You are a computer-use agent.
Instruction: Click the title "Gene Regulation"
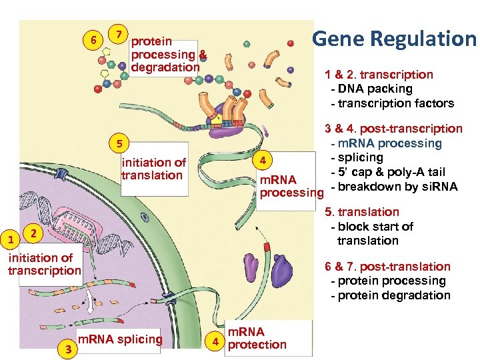pos(394,39)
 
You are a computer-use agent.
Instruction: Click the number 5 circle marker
pos(119,143)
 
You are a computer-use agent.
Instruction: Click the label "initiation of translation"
pos(153,169)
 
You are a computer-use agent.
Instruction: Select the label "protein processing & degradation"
pos(169,55)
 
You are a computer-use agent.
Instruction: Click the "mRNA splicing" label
pos(121,339)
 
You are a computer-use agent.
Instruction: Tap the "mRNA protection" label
pos(257,338)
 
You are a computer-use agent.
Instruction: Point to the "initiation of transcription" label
pos(44,264)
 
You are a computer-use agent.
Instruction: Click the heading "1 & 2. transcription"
pos(379,75)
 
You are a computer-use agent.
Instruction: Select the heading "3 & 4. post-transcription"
pos(393,128)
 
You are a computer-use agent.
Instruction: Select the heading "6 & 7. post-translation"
pos(387,266)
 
